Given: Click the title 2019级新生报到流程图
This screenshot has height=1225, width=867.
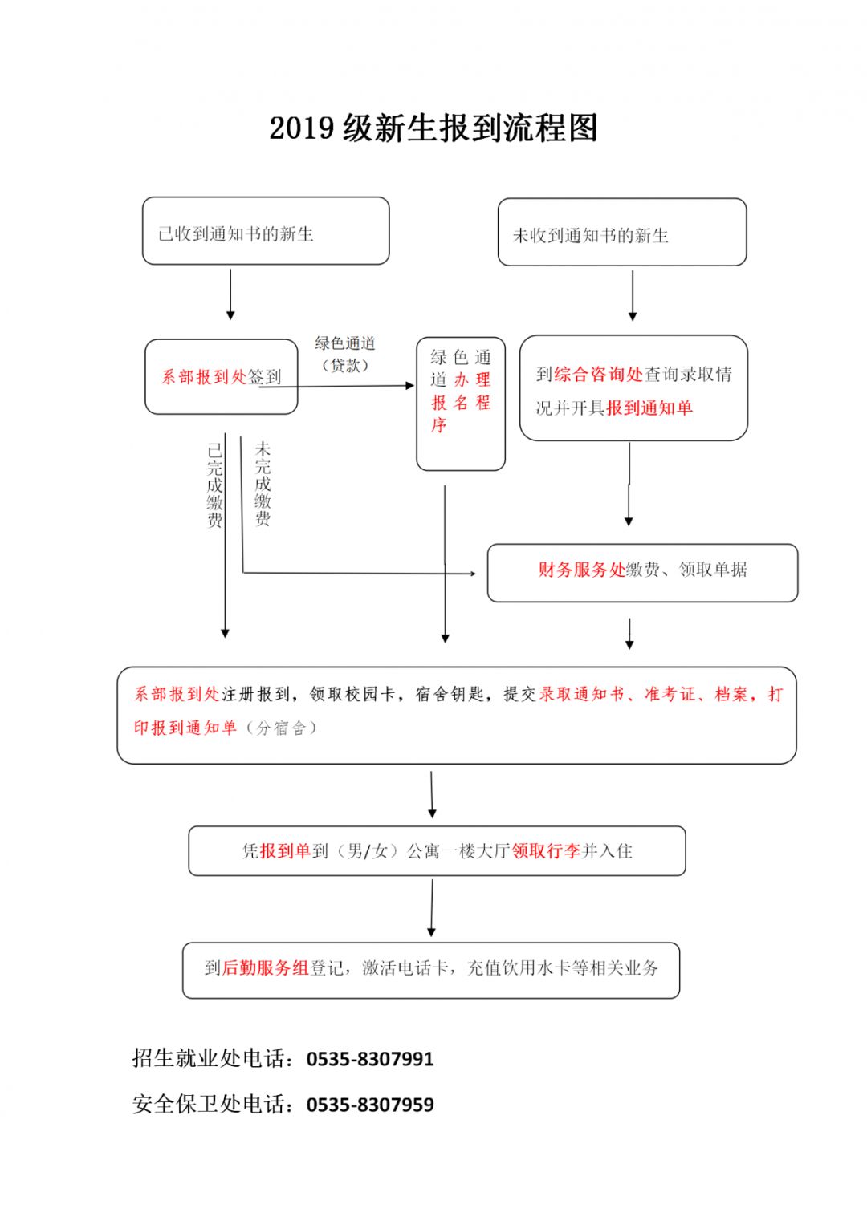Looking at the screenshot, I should point(433,128).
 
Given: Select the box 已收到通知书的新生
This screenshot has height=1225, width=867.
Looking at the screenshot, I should point(266,231).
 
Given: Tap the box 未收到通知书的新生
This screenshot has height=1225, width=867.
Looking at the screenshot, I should point(621,233).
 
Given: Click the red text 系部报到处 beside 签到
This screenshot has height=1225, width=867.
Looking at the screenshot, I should point(204,377).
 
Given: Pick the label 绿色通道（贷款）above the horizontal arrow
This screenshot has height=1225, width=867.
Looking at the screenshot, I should point(345,354).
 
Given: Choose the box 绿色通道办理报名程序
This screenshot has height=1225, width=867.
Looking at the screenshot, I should point(461,403).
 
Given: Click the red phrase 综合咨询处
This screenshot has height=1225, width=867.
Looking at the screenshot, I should point(599,374).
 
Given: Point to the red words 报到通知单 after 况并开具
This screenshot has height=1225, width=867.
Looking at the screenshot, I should point(649,408).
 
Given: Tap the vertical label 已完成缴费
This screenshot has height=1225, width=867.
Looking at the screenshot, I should point(214,485).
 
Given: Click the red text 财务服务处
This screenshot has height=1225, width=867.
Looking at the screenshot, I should point(581,570).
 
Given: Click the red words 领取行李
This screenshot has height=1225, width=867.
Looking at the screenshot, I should point(546,851).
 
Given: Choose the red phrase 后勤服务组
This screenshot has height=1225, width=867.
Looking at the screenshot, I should point(265,968).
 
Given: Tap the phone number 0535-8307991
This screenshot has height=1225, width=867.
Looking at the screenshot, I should point(370,1059).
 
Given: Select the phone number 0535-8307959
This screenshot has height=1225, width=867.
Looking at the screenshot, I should point(370,1105).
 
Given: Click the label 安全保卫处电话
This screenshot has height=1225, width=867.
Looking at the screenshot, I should point(213,1105).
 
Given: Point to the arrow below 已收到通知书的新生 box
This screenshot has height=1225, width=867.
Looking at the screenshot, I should point(230,294).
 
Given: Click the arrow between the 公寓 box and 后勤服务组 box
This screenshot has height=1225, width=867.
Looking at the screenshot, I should point(432,907).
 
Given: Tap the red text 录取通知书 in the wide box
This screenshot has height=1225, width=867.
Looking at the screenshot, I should point(582,694).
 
